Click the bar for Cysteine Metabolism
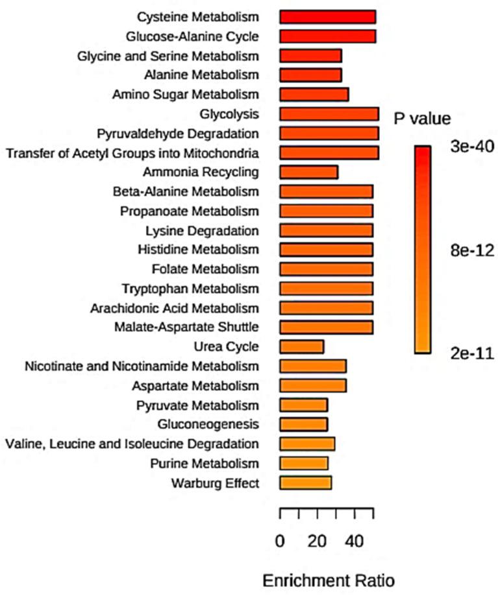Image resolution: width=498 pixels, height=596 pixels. point(327,17)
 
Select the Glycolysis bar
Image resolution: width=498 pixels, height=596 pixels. point(329,114)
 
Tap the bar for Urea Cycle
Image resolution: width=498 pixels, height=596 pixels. point(301,346)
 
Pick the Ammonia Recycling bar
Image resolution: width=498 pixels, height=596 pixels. point(308,172)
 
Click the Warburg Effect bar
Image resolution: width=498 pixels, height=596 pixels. point(305,483)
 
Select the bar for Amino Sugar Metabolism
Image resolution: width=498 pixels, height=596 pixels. point(314,95)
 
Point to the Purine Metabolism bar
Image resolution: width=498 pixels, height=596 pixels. point(304,463)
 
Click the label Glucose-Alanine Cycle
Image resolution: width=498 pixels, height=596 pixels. point(193,36)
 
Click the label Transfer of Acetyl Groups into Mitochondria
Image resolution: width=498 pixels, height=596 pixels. point(132,153)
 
